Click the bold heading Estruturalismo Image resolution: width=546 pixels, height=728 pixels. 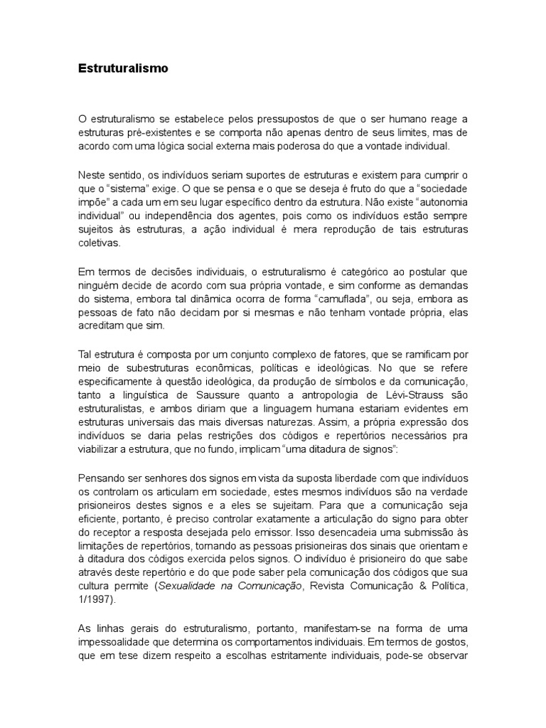point(123,70)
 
